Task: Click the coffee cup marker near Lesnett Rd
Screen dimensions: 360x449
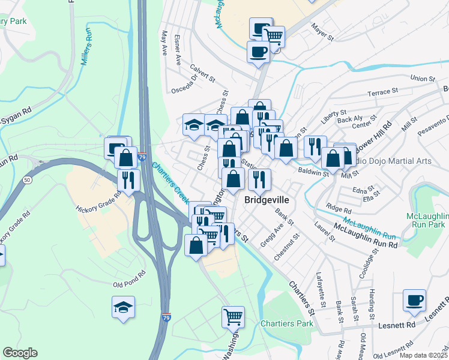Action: (414, 301)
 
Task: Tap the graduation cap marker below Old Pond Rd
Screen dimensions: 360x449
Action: (123, 308)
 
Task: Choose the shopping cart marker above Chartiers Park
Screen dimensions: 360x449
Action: (233, 316)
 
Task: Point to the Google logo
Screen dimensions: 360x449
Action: (20, 353)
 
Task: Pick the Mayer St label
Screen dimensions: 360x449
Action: (322, 32)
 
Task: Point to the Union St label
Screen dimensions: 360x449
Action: (422, 79)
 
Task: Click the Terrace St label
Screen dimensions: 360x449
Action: (382, 92)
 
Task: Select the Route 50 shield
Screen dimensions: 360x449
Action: (28, 179)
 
